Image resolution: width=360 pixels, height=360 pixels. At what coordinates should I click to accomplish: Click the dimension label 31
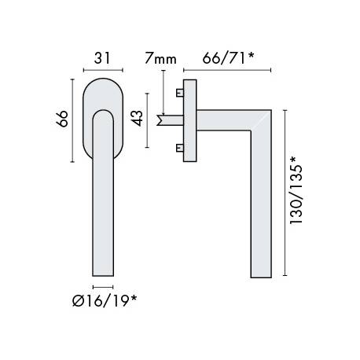(x=101, y=57)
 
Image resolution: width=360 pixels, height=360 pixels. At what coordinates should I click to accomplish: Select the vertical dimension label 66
(x=65, y=119)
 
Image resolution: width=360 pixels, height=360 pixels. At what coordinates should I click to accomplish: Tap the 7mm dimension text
(x=160, y=57)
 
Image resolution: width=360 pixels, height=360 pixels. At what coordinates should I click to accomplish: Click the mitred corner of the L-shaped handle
(x=261, y=120)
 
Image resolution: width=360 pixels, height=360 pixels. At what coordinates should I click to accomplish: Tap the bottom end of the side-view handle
(x=263, y=274)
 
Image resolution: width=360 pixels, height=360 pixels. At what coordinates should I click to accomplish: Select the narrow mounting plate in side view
(x=189, y=120)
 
